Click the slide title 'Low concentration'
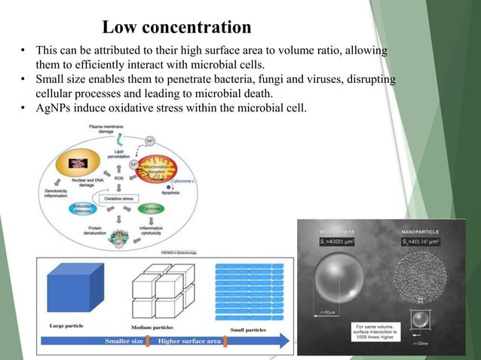pos(176,28)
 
